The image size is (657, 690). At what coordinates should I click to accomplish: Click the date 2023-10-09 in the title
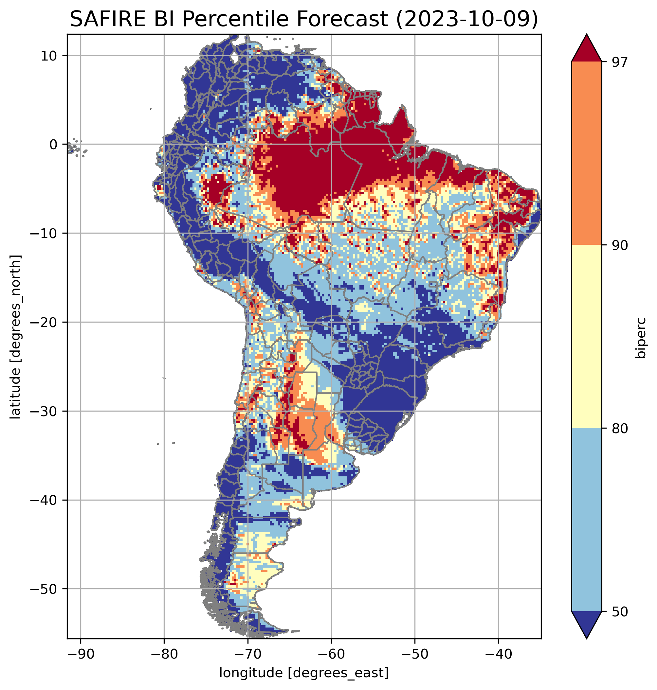466,19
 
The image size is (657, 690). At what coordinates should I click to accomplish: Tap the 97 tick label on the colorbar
620,62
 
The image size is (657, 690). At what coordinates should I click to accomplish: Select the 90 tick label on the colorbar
620,245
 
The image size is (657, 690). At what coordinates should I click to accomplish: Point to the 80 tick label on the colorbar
620,429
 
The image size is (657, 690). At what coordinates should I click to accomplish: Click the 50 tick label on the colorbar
620,612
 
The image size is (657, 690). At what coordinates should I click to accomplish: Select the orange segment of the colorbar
587,153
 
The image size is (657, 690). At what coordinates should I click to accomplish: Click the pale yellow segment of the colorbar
587,337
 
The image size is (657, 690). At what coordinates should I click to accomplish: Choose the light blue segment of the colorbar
587,520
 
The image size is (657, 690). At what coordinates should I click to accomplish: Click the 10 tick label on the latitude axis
49,56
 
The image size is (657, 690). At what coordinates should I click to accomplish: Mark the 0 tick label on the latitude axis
54,145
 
